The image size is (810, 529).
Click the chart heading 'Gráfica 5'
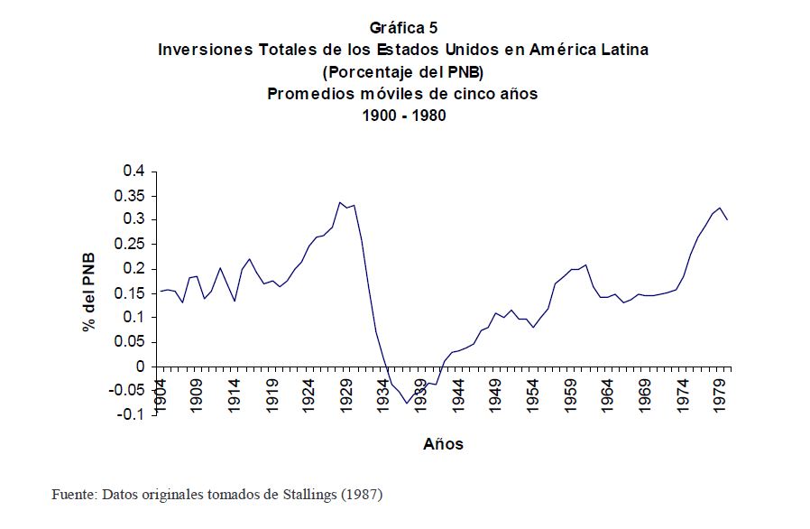tap(403, 28)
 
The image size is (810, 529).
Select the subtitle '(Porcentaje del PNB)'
tap(403, 71)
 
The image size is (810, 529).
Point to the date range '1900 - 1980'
tap(403, 116)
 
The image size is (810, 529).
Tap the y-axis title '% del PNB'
tap(89, 292)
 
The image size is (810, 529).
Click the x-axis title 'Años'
tap(443, 444)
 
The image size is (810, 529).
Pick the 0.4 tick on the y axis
tap(134, 171)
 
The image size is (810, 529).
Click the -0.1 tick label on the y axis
tap(131, 415)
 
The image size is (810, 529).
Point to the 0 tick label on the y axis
tap(140, 367)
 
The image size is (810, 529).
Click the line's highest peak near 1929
tap(339, 202)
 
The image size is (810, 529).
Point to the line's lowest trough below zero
tap(407, 403)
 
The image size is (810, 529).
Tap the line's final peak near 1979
tap(720, 208)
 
